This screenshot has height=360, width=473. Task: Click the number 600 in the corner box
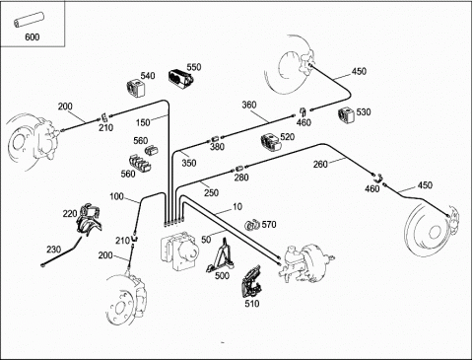33,36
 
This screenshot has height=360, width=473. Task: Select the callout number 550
194,67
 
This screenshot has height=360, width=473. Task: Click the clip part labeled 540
136,88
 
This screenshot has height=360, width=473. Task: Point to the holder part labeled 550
180,79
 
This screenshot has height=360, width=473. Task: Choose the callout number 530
364,111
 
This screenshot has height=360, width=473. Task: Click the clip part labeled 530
346,114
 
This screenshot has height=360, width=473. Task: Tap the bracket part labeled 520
271,142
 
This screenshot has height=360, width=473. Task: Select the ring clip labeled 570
252,225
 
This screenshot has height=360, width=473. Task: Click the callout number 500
222,275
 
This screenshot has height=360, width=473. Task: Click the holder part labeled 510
252,282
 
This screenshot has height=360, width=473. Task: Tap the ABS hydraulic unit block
179,250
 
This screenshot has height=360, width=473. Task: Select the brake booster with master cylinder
305,263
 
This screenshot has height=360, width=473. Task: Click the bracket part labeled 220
89,219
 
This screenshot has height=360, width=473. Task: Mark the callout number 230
53,250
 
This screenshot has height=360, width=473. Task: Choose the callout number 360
249,105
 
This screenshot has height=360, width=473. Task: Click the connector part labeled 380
216,138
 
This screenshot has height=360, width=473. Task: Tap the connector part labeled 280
239,169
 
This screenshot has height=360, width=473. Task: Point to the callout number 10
237,206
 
